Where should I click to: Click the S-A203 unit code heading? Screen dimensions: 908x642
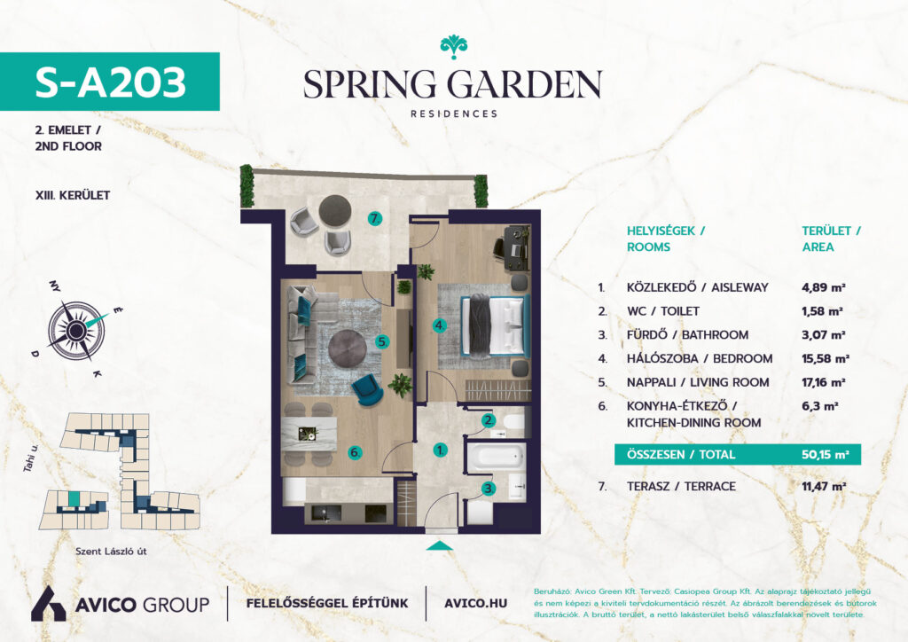111,82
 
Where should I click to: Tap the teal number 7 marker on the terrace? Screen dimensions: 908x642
375,219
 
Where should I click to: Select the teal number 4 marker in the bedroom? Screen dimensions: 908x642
440,326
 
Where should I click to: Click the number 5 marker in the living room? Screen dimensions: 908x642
381,341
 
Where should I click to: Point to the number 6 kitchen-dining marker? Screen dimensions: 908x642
355,453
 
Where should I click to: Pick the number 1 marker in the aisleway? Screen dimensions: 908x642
440,450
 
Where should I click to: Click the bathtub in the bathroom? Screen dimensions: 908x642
496,458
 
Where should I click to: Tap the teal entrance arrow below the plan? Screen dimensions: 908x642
440,545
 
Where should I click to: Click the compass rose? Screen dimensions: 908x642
76,331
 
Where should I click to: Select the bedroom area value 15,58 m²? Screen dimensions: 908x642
826,358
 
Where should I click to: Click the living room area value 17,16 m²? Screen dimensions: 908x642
824,382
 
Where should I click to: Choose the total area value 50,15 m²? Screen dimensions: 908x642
826,454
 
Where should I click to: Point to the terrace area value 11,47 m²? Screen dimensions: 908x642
824,486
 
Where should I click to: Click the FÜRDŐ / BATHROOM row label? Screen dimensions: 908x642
687,334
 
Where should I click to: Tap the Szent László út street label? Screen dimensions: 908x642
111,552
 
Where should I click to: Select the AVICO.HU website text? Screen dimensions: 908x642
475,603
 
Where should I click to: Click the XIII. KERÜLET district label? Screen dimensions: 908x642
73,195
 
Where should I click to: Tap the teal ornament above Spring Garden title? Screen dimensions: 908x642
453,46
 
